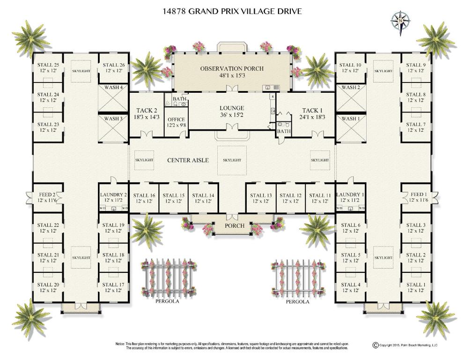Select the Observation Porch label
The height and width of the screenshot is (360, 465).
[x=232, y=68]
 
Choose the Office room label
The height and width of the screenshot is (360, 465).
[x=176, y=120]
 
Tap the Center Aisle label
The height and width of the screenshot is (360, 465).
[x=188, y=160]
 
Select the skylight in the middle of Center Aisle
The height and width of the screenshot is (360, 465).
[x=232, y=160]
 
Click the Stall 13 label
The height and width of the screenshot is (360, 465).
[x=261, y=195]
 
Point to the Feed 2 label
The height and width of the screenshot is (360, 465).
[x=46, y=195]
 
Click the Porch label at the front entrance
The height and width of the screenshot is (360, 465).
[x=234, y=226]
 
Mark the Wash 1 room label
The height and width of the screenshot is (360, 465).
[x=351, y=119]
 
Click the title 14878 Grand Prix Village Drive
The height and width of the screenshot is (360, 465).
[x=232, y=10]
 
